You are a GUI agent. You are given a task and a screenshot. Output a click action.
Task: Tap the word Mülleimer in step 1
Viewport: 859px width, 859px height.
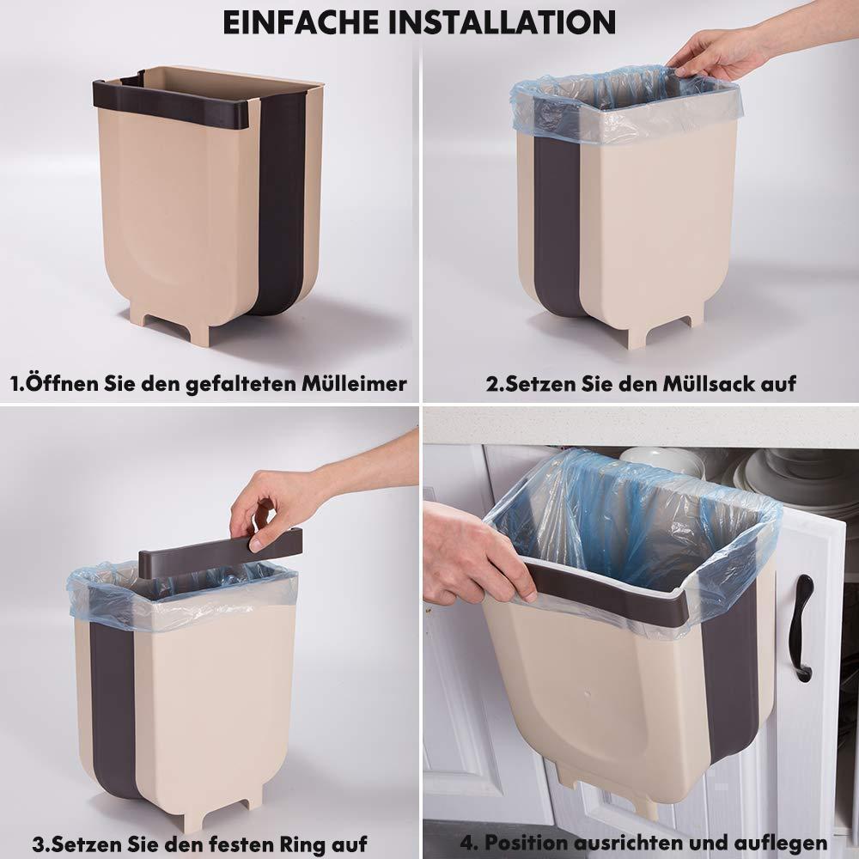point(355,383)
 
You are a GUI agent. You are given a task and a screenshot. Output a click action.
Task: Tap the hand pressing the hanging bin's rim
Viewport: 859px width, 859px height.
point(477,553)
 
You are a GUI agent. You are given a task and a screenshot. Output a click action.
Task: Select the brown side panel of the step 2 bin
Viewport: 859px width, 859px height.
point(556,224)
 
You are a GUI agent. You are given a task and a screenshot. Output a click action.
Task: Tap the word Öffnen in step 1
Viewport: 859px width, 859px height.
point(61,382)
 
